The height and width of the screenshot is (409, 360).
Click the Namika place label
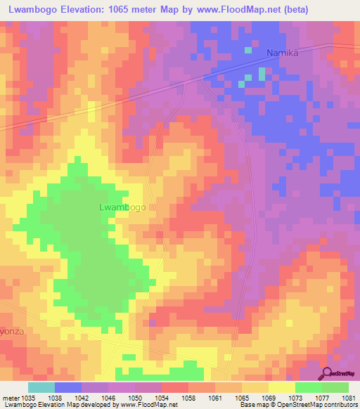pyautogui.click(x=284, y=53)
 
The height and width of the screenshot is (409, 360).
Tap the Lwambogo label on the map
pyautogui.click(x=122, y=207)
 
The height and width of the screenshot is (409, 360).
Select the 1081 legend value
pyautogui.click(x=348, y=397)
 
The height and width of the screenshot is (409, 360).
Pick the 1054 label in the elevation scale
pyautogui.click(x=161, y=397)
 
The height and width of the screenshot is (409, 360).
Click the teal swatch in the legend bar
pyautogui.click(x=41, y=387)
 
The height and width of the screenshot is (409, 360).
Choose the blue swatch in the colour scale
pyautogui.click(x=67, y=387)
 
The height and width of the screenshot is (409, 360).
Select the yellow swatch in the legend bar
pyautogui.click(x=281, y=387)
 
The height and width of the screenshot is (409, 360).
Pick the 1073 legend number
pyautogui.click(x=295, y=397)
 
